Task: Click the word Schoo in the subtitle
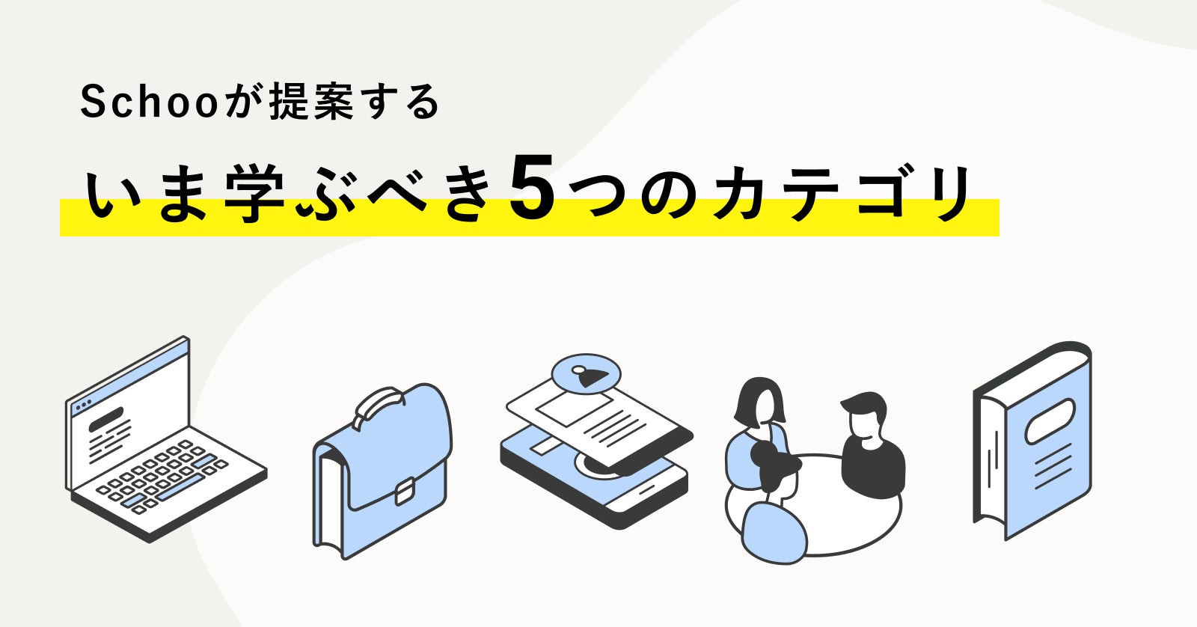149,103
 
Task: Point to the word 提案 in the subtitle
310,103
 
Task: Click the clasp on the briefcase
404,492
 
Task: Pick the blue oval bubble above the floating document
586,373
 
